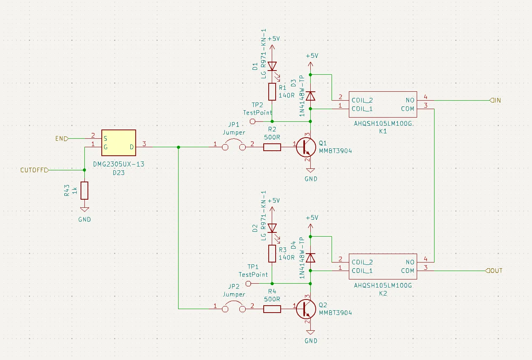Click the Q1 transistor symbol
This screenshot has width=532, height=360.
pos(306,147)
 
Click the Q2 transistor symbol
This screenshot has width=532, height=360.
pos(306,309)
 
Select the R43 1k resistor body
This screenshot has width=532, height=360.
pos(84,190)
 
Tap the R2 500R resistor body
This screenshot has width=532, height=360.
pos(272,147)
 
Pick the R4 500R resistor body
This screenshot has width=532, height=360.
pos(272,309)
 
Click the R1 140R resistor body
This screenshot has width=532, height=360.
pos(272,92)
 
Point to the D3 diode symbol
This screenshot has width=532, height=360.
pos(310,96)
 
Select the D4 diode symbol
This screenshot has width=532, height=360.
pos(310,258)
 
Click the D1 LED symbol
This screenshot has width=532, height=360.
pos(272,66)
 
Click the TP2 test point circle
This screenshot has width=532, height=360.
pos(253,121)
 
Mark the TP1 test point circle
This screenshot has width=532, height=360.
pos(249,283)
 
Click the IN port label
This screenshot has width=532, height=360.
pos(496,100)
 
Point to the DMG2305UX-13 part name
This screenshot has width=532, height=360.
pos(119,164)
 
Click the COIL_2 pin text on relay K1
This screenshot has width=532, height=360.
pos(362,100)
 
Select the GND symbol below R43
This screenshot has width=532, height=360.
pos(84,210)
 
